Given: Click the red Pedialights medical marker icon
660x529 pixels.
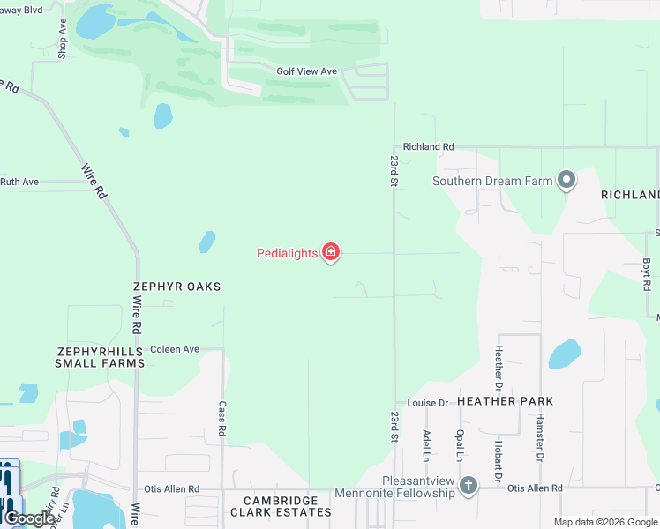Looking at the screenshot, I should tap(331, 254).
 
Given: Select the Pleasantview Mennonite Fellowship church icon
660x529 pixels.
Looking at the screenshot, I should tap(469, 485).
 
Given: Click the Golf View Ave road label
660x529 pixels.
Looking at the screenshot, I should tap(307, 71).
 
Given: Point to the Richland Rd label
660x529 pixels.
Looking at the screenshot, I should tap(428, 147).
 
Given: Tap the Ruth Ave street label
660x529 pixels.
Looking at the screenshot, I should tap(19, 182).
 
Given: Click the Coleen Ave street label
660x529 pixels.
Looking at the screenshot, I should tap(175, 349).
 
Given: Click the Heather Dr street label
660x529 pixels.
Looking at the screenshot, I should tap(499, 369).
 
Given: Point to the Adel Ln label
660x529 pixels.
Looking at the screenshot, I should tap(426, 443).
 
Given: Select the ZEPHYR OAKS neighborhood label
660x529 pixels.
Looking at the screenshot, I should tap(176, 287).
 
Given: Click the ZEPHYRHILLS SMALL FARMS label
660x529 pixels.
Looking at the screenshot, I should tap(100, 356).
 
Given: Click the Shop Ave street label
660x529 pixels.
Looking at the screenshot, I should tap(63, 39).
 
